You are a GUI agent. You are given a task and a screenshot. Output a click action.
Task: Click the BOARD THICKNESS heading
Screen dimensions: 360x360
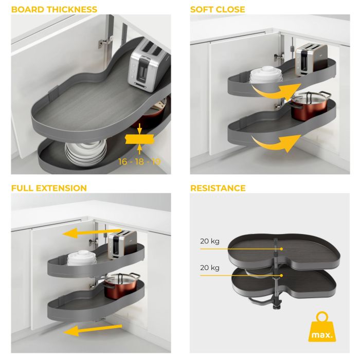[54, 9]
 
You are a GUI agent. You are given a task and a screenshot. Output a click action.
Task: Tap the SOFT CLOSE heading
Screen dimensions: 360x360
[218, 9]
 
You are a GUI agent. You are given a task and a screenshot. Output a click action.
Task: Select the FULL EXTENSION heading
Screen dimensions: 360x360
[49, 188]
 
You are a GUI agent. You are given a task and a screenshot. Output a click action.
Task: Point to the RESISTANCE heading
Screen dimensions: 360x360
[218, 188]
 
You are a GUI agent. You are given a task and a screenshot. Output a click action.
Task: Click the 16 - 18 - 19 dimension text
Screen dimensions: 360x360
[139, 161]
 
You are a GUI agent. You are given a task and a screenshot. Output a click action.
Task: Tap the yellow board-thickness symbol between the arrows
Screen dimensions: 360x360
[139, 139]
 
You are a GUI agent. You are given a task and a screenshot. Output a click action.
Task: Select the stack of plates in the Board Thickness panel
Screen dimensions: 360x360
[86, 152]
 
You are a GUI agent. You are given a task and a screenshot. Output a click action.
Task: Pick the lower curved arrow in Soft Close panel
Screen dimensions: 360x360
[276, 143]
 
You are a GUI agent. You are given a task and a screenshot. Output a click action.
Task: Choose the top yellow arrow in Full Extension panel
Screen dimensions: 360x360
[92, 233]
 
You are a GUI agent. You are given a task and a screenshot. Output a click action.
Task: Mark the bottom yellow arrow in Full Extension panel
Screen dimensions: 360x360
[93, 330]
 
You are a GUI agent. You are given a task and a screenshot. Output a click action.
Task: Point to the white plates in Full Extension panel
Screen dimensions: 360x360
[81, 258]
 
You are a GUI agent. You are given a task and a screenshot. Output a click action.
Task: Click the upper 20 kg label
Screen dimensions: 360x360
[210, 241]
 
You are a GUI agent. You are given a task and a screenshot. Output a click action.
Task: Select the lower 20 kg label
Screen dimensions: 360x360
[210, 268]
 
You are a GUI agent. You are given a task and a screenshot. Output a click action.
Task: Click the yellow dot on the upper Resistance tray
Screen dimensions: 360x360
[281, 248]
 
